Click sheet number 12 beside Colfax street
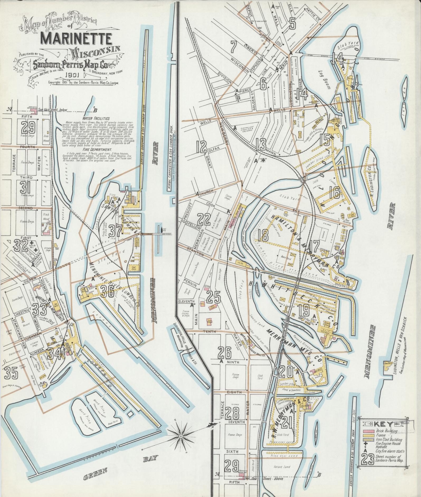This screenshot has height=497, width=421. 203,147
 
